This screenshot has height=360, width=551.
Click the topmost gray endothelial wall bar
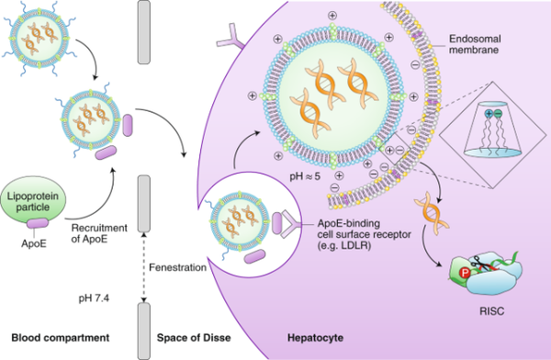pyautogui.click(x=143, y=32)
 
